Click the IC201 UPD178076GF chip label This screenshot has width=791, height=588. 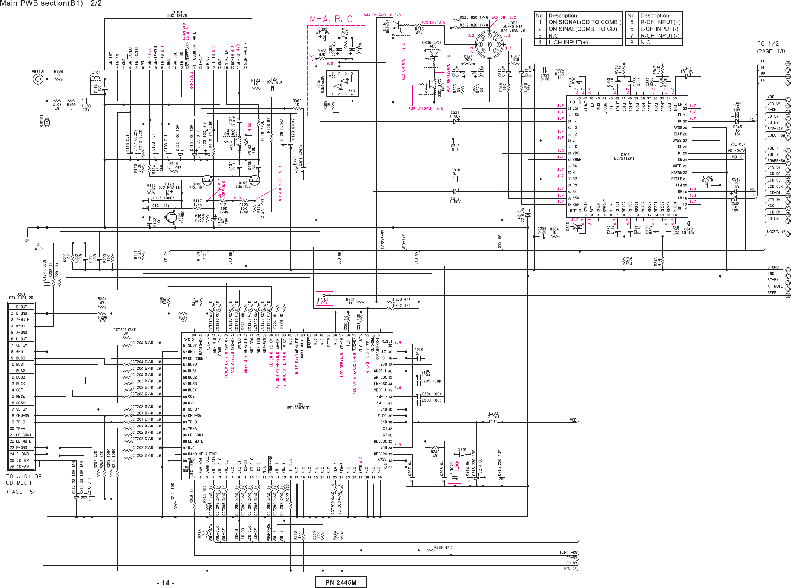(x=297, y=406)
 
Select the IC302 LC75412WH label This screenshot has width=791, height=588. (x=624, y=156)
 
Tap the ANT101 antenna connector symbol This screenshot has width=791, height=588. (x=38, y=79)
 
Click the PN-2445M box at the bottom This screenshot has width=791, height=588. (x=341, y=582)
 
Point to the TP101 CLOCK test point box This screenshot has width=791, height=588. (x=324, y=299)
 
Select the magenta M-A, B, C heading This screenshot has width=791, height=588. (x=331, y=19)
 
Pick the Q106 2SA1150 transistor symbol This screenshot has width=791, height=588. (x=207, y=180)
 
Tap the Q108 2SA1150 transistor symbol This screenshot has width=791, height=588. (x=255, y=180)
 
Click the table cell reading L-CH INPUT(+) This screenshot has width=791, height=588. (x=566, y=43)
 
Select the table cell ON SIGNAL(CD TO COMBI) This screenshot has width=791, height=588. (x=584, y=22)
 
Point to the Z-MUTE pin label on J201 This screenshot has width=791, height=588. (x=22, y=319)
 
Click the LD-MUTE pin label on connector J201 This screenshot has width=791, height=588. (x=24, y=441)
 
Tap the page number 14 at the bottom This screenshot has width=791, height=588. (x=165, y=583)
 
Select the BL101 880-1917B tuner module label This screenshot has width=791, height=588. (x=177, y=14)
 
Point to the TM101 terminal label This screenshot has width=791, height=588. (x=38, y=249)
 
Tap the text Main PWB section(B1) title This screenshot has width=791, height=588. (x=41, y=3)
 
